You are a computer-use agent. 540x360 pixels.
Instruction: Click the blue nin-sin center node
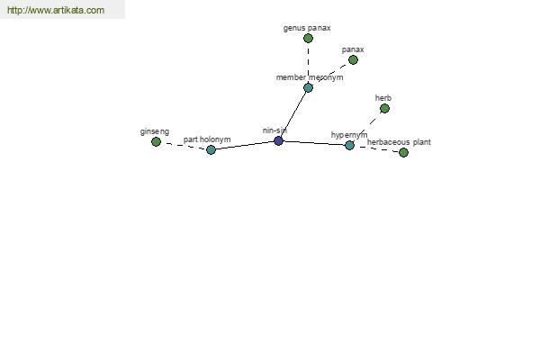(x=279, y=140)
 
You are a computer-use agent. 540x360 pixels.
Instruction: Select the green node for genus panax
(x=308, y=38)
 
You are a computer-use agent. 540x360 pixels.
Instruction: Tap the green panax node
(x=353, y=60)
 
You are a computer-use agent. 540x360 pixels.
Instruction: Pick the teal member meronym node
(x=308, y=87)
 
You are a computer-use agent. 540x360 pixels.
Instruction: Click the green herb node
(x=384, y=109)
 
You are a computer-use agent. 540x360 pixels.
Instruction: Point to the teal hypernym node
(x=349, y=145)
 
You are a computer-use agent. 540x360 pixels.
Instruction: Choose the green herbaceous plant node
(x=403, y=152)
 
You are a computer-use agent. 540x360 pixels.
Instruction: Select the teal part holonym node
(x=211, y=149)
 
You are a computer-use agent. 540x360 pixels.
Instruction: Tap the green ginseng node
(x=156, y=141)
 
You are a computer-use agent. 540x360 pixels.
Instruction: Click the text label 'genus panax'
(x=307, y=28)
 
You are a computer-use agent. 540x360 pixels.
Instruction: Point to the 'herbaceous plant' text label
(x=399, y=142)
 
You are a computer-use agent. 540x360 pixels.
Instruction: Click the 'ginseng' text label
(x=155, y=131)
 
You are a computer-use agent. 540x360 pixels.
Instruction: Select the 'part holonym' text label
(x=207, y=139)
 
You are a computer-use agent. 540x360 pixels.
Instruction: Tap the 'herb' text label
(x=383, y=98)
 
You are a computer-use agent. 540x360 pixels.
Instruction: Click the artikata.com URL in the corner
(x=56, y=10)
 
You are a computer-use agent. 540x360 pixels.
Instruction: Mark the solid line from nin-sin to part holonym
(x=245, y=145)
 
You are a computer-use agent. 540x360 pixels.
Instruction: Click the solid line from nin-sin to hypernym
(x=314, y=143)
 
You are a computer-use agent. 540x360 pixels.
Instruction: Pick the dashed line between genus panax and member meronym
(x=308, y=63)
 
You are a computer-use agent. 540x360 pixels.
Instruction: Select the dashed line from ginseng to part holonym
(x=184, y=146)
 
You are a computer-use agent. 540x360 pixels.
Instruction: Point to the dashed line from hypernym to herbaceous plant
(x=376, y=148)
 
